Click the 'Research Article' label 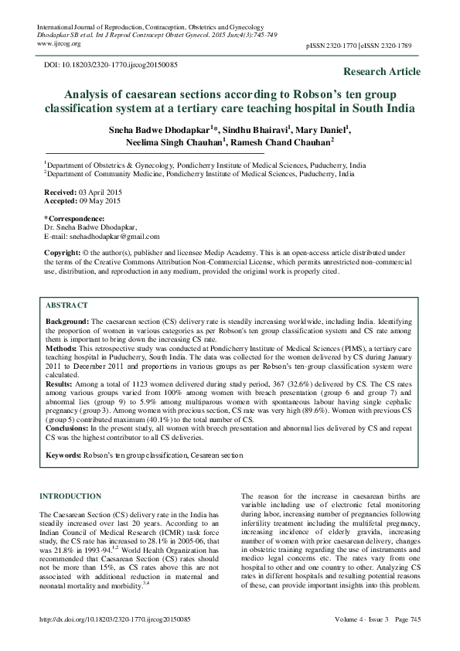coord(381,72)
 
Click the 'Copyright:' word coord(63,253)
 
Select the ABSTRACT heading coord(66,305)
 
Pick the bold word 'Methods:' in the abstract coord(61,349)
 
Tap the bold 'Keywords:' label coord(63,456)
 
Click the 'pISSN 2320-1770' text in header coord(329,47)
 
